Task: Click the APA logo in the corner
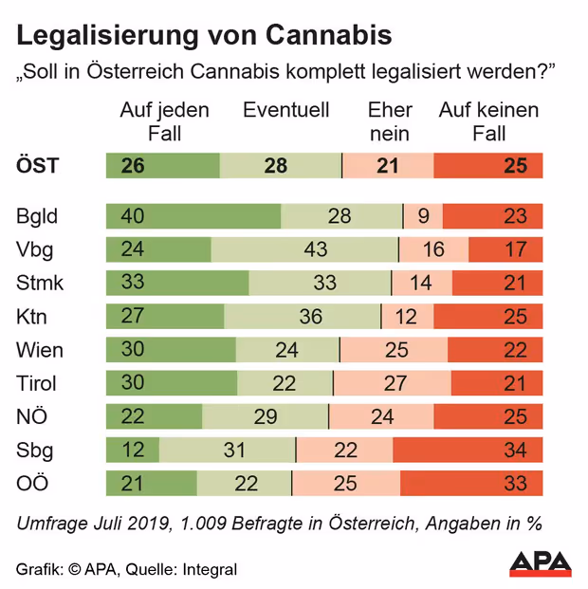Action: pyautogui.click(x=541, y=564)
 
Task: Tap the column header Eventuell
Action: pyautogui.click(x=286, y=110)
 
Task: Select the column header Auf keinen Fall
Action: pyautogui.click(x=488, y=121)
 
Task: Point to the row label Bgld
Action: pyautogui.click(x=37, y=216)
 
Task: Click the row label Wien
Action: pyautogui.click(x=40, y=350)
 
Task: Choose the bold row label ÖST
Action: pyautogui.click(x=38, y=166)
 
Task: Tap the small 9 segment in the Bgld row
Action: pyautogui.click(x=423, y=216)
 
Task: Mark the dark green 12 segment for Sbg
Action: pyautogui.click(x=133, y=450)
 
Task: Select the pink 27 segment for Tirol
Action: pyautogui.click(x=393, y=383)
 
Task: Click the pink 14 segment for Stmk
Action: pyautogui.click(x=422, y=283)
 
